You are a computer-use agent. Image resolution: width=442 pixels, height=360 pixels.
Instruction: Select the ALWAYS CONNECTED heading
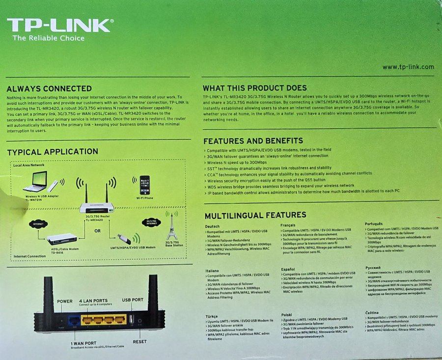click(49, 89)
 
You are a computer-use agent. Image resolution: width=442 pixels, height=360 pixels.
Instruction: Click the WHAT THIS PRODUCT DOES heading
click(255, 88)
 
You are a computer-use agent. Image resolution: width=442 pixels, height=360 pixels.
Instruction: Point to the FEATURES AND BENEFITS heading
click(253, 140)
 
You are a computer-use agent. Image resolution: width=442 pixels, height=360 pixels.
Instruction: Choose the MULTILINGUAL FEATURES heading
click(255, 215)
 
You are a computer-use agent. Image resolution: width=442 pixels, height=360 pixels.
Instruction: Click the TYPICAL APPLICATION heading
click(53, 152)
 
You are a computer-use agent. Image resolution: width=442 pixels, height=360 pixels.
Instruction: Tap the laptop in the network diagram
click(36, 182)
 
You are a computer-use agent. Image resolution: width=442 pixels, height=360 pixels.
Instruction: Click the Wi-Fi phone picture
click(144, 185)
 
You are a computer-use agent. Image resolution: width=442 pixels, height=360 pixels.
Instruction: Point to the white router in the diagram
click(97, 207)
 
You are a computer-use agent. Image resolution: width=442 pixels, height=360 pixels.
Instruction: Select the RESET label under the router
click(139, 341)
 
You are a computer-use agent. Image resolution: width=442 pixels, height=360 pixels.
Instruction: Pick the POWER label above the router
click(64, 301)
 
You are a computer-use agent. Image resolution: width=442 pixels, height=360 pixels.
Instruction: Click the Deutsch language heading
click(212, 226)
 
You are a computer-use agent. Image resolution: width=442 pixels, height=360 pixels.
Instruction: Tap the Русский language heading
click(373, 268)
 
